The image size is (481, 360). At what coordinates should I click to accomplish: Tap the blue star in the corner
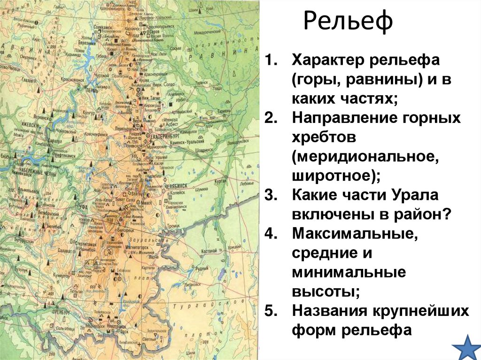click(467, 347)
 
